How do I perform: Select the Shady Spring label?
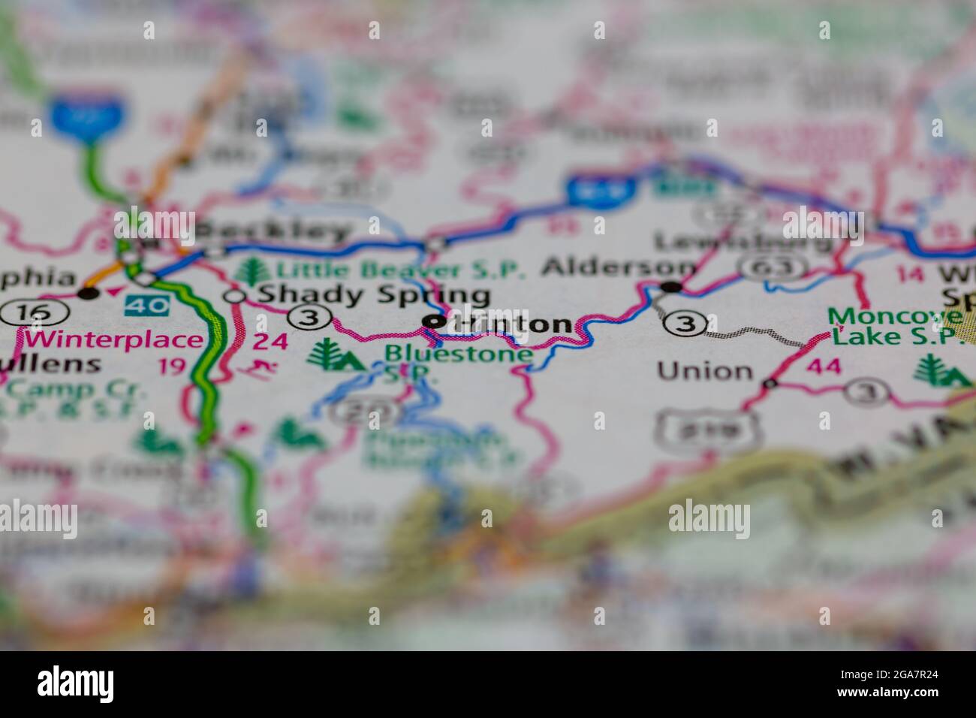(373, 294)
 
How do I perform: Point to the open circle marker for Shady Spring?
(236, 297)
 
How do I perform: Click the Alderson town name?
(619, 267)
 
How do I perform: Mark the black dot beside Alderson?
(670, 286)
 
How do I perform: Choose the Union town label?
(704, 370)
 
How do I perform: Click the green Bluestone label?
(459, 352)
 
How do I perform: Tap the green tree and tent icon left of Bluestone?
(335, 355)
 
